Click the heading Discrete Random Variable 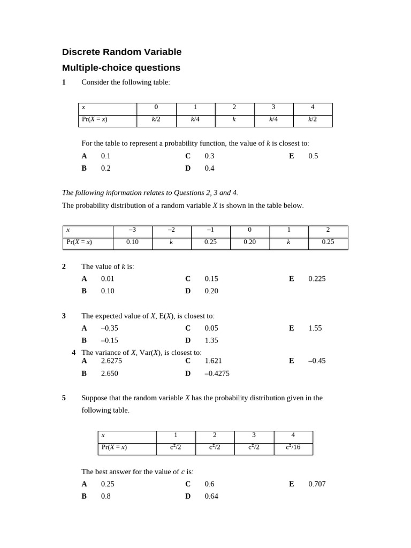[x=121, y=52]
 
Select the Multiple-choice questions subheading [x=121, y=67]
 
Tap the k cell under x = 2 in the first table [x=234, y=119]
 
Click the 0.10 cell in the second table [x=132, y=242]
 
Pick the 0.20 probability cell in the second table [x=249, y=242]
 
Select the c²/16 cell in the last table [x=293, y=447]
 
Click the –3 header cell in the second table [x=132, y=230]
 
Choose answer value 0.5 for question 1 [x=313, y=156]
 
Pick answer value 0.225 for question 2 [x=317, y=278]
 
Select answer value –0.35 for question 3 [x=110, y=328]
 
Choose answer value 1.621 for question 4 [x=213, y=361]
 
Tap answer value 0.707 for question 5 [x=317, y=484]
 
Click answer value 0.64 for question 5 [x=211, y=496]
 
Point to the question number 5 [x=64, y=398]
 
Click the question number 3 [x=64, y=316]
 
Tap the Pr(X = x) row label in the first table [x=95, y=119]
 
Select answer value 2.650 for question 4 [x=110, y=373]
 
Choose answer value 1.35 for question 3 [x=211, y=340]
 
